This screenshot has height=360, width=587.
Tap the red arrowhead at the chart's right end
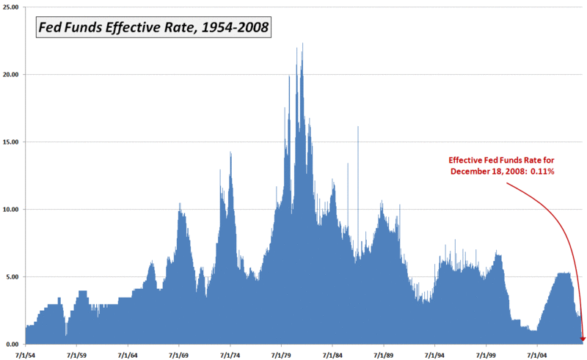[x=583, y=339]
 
